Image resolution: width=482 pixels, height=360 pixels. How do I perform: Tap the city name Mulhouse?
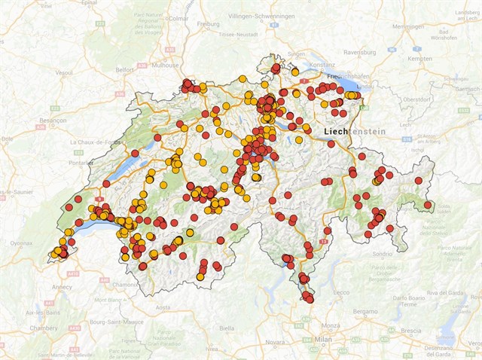[x=166, y=66]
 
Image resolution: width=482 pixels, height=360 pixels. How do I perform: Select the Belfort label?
[x=124, y=69]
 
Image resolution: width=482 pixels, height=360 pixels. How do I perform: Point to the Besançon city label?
[x=53, y=120]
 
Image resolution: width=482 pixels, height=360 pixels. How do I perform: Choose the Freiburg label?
[x=208, y=23]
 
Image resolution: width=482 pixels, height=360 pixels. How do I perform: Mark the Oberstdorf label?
[x=416, y=99]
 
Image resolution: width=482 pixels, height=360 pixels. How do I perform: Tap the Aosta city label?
[x=163, y=307]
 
